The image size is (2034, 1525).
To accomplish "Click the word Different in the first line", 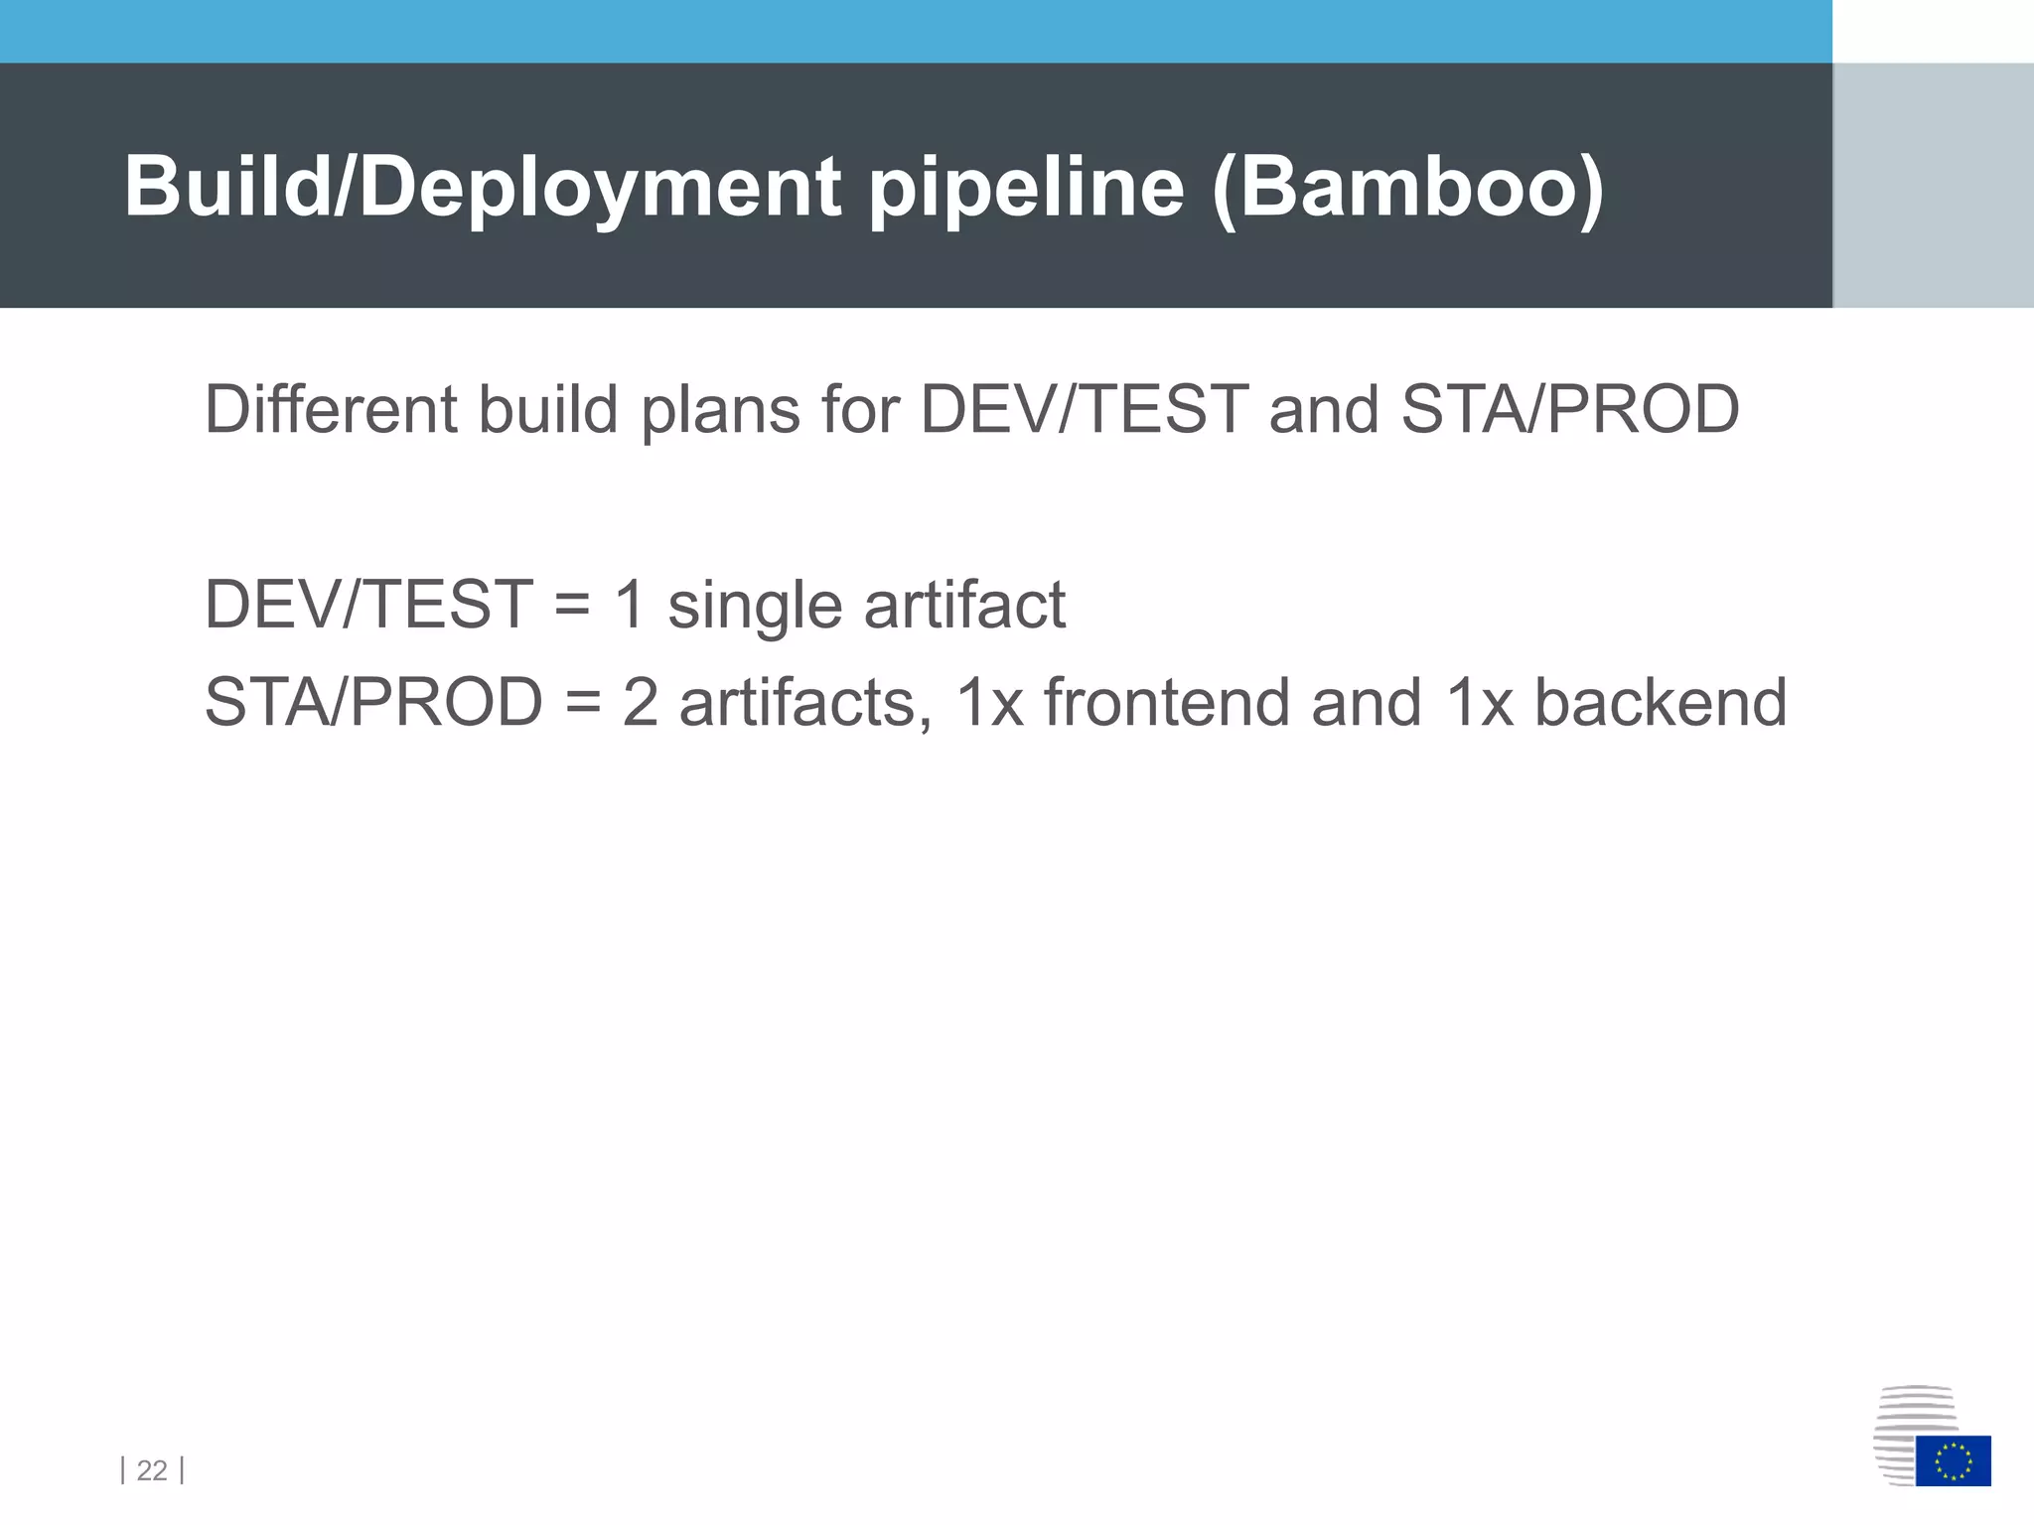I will [x=330, y=409].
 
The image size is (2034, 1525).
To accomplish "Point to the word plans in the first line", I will [x=720, y=411].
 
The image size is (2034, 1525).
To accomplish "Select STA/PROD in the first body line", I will [x=1569, y=409].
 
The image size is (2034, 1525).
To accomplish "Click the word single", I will [x=755, y=606].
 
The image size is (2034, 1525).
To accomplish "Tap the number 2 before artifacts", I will [x=641, y=702].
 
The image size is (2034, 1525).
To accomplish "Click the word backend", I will [x=1661, y=702].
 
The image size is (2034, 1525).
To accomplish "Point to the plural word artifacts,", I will [x=805, y=702].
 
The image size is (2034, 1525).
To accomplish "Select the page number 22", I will [x=152, y=1470].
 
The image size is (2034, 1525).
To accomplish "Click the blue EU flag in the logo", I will [x=1953, y=1460].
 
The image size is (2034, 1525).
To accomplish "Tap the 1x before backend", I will [x=1479, y=702].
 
